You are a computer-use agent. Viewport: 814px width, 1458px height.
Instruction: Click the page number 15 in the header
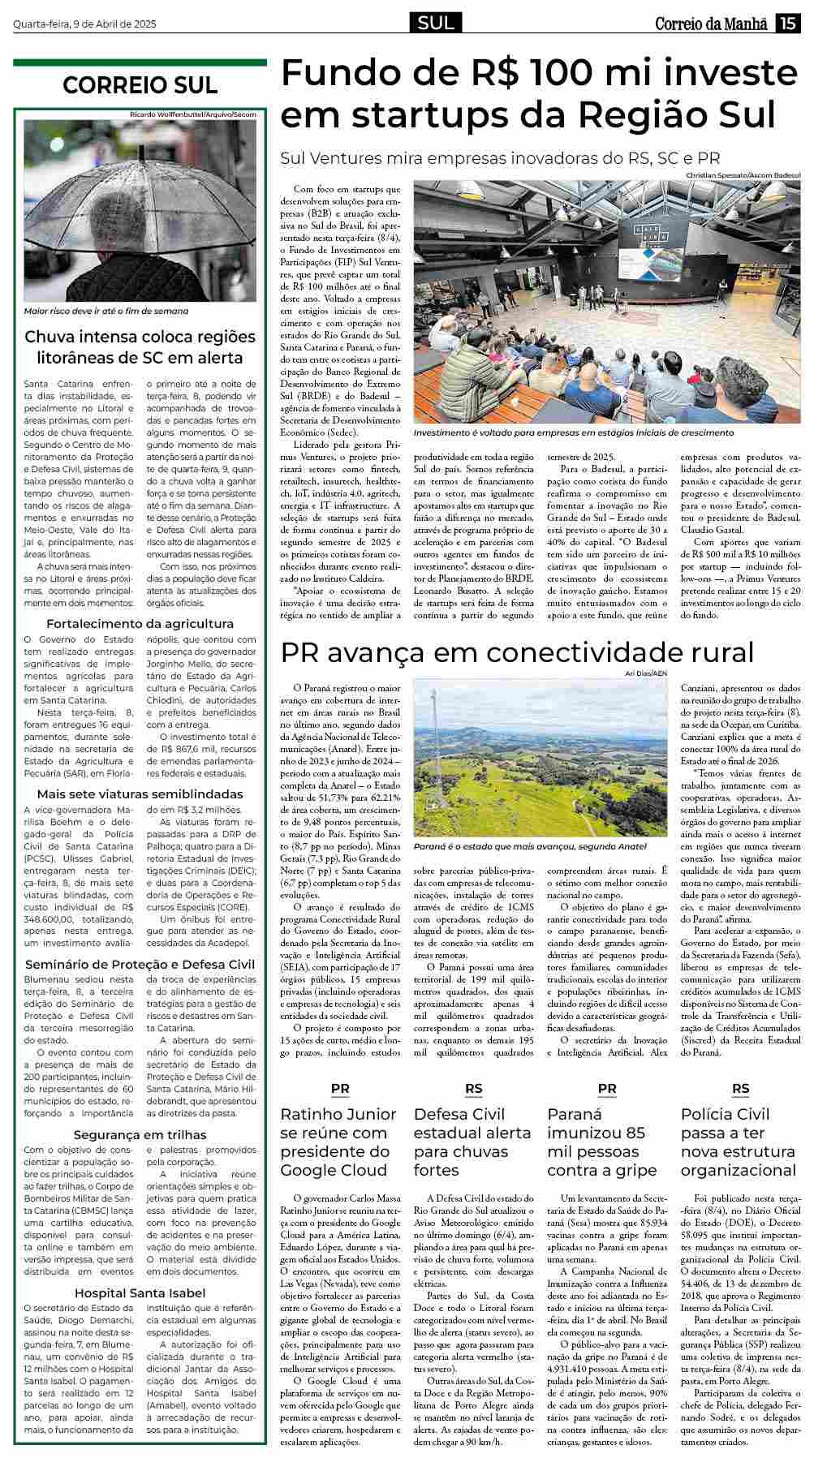tap(787, 24)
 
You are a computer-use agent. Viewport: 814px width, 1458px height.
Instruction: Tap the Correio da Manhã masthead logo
tap(711, 24)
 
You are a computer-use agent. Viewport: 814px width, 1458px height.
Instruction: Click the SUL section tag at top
tap(437, 24)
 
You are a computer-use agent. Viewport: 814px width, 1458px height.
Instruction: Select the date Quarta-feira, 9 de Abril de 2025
tap(84, 24)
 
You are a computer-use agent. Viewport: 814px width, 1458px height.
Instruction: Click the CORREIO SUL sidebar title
tap(140, 85)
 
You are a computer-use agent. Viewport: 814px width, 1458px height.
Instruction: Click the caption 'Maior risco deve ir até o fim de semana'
tap(106, 311)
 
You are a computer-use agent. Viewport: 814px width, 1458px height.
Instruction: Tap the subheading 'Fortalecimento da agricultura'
tap(140, 624)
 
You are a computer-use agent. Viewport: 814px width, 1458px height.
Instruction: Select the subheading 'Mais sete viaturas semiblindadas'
tap(140, 794)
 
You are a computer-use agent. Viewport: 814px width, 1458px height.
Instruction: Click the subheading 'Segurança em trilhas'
tap(140, 1134)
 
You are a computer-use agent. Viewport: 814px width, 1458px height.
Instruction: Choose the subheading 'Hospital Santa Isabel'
tap(140, 1292)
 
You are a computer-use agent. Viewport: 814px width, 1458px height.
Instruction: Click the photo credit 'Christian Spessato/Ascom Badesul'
tap(743, 175)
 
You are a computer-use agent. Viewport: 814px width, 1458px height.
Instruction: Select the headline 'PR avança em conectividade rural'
tap(517, 652)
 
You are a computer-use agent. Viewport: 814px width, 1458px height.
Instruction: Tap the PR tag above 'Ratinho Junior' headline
tap(340, 1089)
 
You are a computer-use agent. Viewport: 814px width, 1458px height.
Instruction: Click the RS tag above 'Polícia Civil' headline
tap(740, 1089)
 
